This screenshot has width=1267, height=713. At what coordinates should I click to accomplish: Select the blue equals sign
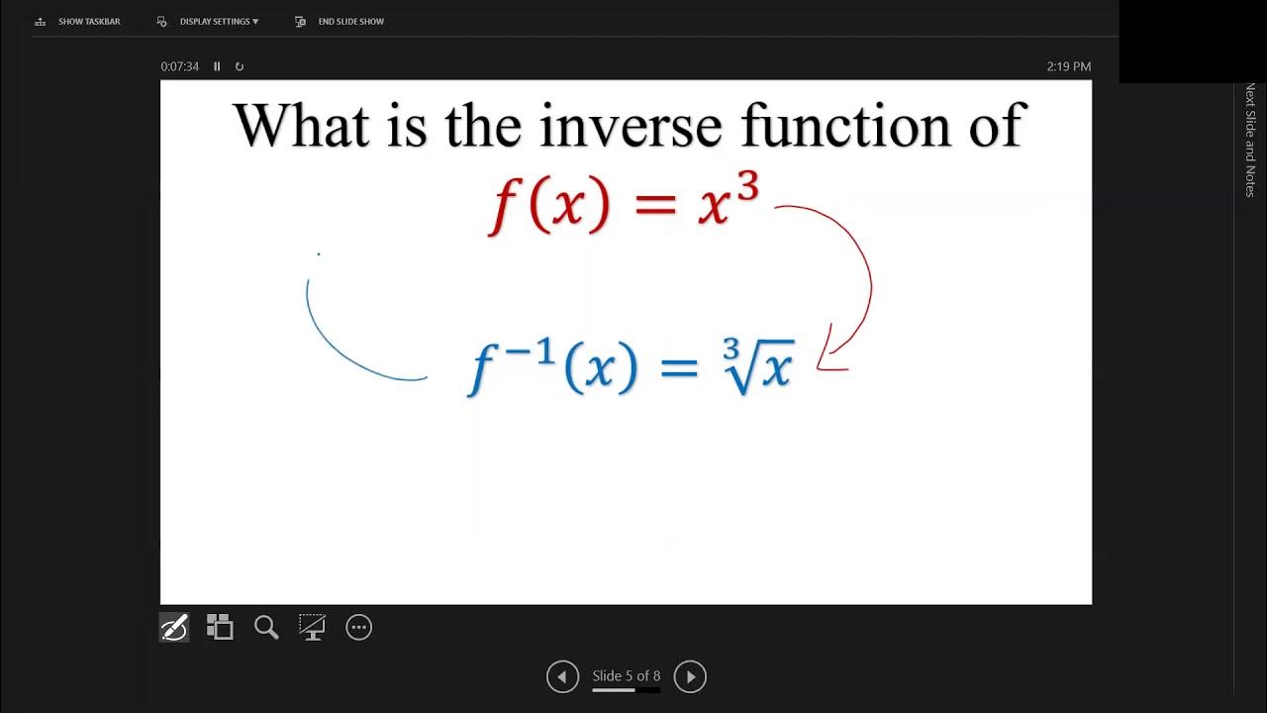pos(679,368)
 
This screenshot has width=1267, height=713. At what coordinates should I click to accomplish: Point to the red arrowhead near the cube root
pos(833,358)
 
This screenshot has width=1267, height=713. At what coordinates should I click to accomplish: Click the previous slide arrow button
pos(562,677)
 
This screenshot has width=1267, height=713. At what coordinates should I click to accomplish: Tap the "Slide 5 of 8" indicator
pos(626,676)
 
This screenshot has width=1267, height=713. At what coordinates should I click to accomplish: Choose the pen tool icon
pos(174,627)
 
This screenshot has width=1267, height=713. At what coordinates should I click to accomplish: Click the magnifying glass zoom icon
pos(265,627)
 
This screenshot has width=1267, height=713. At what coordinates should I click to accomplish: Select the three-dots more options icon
pos(358,627)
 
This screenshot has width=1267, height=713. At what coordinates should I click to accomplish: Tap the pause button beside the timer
pos(217,66)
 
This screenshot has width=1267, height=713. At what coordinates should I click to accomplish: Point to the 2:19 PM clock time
pos(1068,66)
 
